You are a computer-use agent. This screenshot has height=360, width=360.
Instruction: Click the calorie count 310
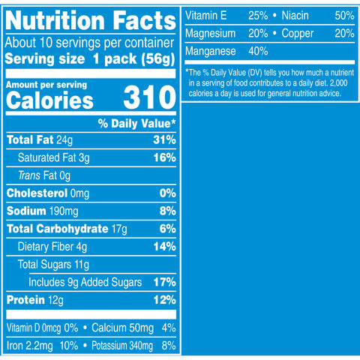tap(150, 97)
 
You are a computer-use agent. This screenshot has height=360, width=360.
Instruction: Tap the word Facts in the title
tap(145, 20)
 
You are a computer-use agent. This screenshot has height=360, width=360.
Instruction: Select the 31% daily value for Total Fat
tap(164, 139)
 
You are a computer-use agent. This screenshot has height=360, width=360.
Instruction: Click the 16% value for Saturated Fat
tap(164, 157)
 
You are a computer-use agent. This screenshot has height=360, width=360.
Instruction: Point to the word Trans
tap(29, 175)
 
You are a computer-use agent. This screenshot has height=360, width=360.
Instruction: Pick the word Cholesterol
tap(37, 193)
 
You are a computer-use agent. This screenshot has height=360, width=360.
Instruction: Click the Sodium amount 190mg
tap(64, 211)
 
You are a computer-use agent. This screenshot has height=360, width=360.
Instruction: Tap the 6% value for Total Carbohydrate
tap(167, 229)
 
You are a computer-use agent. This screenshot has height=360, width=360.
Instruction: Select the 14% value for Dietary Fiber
tap(164, 247)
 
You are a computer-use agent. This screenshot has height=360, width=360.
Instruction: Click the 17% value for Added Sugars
tap(164, 282)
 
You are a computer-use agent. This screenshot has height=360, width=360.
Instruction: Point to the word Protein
tap(25, 300)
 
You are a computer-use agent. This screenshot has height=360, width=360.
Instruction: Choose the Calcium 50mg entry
tap(122, 328)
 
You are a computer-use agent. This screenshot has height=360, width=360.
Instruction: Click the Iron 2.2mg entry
tap(30, 346)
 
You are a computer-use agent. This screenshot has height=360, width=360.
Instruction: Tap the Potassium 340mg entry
tap(122, 346)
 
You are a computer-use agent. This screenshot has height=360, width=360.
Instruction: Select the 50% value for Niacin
tap(344, 16)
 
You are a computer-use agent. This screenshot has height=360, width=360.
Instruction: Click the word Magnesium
tap(210, 34)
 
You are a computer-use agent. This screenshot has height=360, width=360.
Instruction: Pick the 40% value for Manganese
tap(258, 51)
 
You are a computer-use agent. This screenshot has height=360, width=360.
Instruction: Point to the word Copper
tap(298, 34)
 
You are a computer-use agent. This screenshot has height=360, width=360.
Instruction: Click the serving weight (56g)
tap(157, 59)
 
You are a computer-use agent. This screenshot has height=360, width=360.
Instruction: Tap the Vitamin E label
tap(205, 16)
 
